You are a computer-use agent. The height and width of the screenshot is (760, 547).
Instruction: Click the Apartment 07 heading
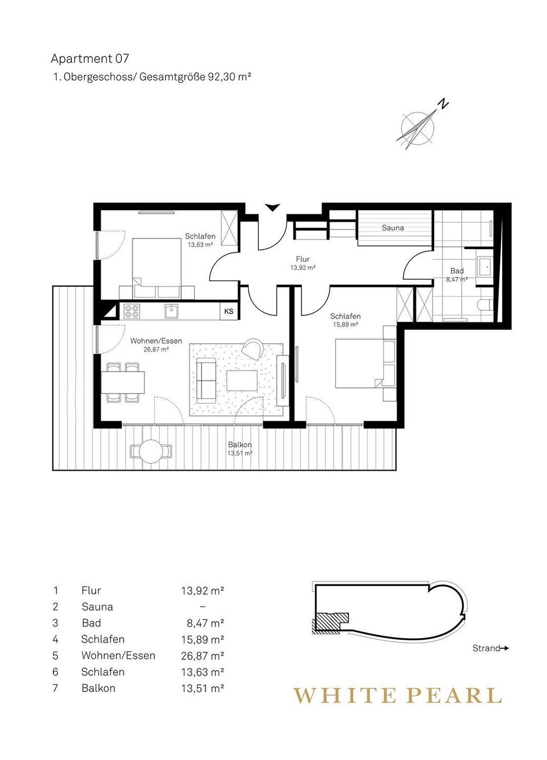click(x=90, y=59)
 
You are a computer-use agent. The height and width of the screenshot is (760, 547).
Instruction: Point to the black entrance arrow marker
click(x=272, y=207)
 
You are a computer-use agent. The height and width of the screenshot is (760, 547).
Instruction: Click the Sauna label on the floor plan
click(x=393, y=227)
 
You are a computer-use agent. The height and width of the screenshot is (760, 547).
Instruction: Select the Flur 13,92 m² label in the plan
click(x=303, y=263)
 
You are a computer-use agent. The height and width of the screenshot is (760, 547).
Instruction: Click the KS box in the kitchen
click(x=229, y=311)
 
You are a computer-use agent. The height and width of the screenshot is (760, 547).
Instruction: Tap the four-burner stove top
click(x=133, y=311)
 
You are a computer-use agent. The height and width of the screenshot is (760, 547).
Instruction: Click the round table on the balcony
click(x=151, y=452)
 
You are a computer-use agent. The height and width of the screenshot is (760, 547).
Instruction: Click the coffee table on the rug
click(x=242, y=381)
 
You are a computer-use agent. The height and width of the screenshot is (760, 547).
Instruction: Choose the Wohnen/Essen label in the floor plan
click(x=156, y=340)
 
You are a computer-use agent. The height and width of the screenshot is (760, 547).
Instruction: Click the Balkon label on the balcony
click(x=240, y=444)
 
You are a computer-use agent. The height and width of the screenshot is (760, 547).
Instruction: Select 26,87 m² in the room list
click(x=203, y=655)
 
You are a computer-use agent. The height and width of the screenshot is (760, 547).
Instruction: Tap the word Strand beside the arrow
click(x=486, y=648)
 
